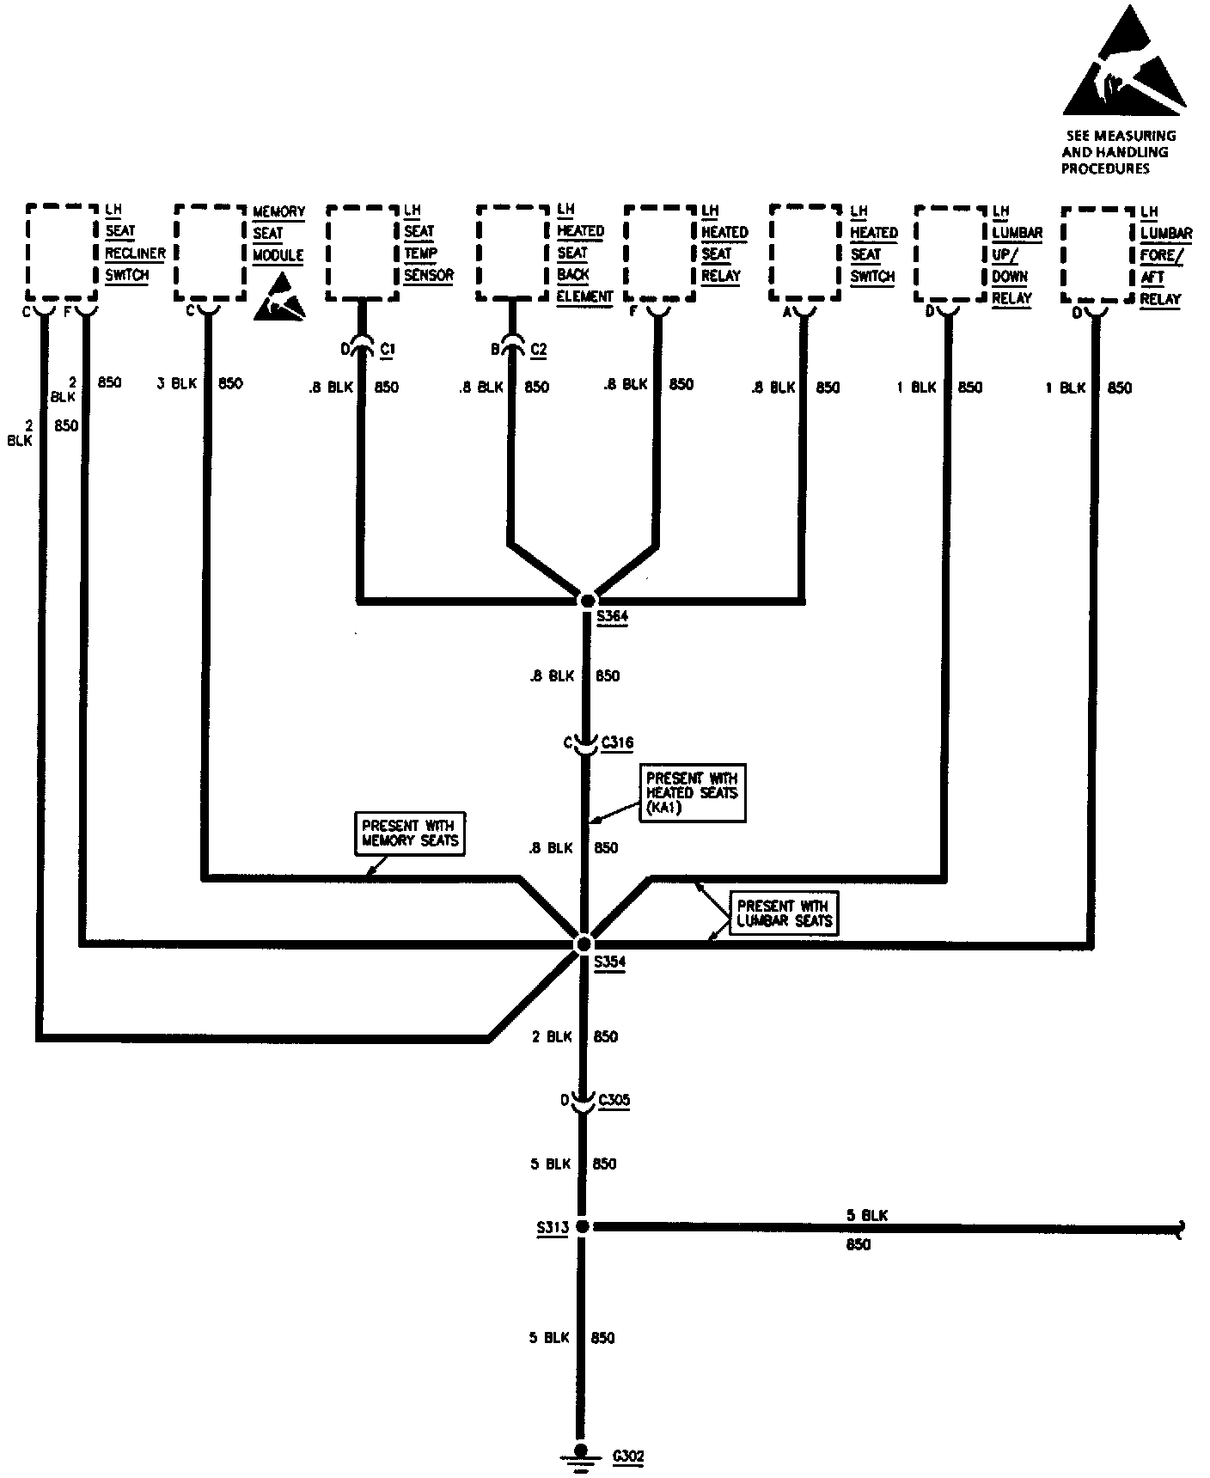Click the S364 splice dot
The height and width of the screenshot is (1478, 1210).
pos(588,601)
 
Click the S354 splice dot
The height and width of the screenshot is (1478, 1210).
pos(583,944)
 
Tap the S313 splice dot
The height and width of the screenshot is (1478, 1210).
pos(582,1228)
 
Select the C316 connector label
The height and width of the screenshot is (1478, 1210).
pos(618,742)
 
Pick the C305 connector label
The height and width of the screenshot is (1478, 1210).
pos(614,1100)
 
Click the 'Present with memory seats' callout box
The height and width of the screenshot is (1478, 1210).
pos(410,833)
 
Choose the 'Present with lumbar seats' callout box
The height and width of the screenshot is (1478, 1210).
pos(783,913)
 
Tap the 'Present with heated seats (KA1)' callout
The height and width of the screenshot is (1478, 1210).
pos(692,792)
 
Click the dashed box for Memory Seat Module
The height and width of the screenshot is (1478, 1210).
pos(210,253)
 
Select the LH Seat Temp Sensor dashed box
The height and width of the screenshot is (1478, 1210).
pos(362,253)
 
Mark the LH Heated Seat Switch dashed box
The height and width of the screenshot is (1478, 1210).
pos(805,253)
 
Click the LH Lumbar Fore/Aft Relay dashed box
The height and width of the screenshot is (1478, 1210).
pos(1097,254)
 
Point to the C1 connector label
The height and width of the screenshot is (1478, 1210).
pos(388,349)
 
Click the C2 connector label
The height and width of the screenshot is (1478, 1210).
pos(539,349)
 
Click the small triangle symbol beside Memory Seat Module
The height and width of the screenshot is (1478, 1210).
pos(280,298)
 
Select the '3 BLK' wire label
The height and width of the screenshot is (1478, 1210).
pos(177,384)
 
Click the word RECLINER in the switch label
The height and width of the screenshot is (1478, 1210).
pos(135,253)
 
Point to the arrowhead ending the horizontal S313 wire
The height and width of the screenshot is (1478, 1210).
pos(1183,1229)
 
